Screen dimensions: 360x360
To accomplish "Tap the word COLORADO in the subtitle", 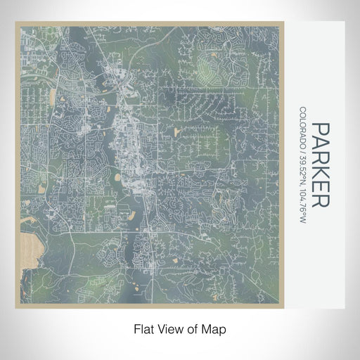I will coord(303,128).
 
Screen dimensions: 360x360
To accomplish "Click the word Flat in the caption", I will coord(143,328).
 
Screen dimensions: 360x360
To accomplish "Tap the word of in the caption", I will coord(194,328).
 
